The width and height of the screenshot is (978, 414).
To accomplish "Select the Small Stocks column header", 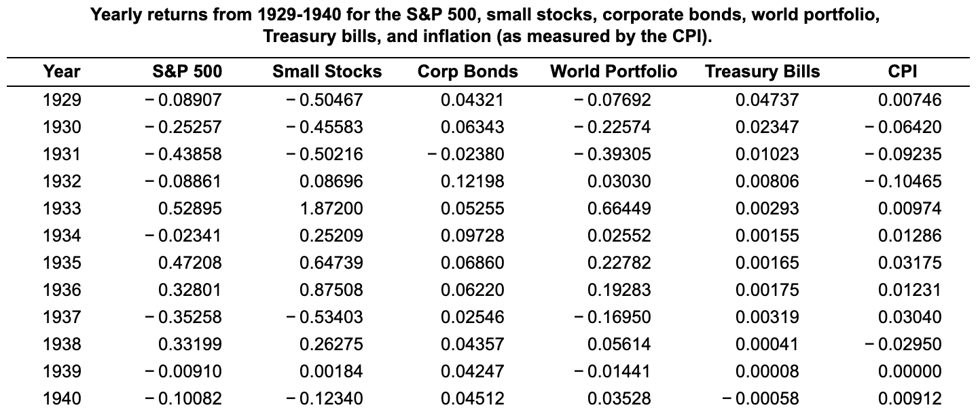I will point(327,72).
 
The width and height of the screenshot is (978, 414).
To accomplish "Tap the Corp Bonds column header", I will point(467,72).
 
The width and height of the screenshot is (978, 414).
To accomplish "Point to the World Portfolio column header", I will point(613,72).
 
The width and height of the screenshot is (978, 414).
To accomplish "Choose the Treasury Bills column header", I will point(762,72).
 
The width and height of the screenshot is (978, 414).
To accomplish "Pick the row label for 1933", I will point(61,209).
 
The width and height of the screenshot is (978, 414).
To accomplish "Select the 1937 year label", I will point(61,318).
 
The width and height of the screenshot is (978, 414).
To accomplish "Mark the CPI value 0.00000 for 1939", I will point(909,372).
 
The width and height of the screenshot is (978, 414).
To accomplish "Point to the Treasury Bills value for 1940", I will point(761,399).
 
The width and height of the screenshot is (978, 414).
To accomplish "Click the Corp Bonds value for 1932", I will point(472,182).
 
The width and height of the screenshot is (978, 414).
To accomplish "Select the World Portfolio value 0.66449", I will point(619,209).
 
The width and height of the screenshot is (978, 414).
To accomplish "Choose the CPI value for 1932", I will point(903,182).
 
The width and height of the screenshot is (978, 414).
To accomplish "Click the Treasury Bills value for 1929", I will point(767,100).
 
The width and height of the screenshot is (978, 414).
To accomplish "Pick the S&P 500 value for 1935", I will point(189,263).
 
